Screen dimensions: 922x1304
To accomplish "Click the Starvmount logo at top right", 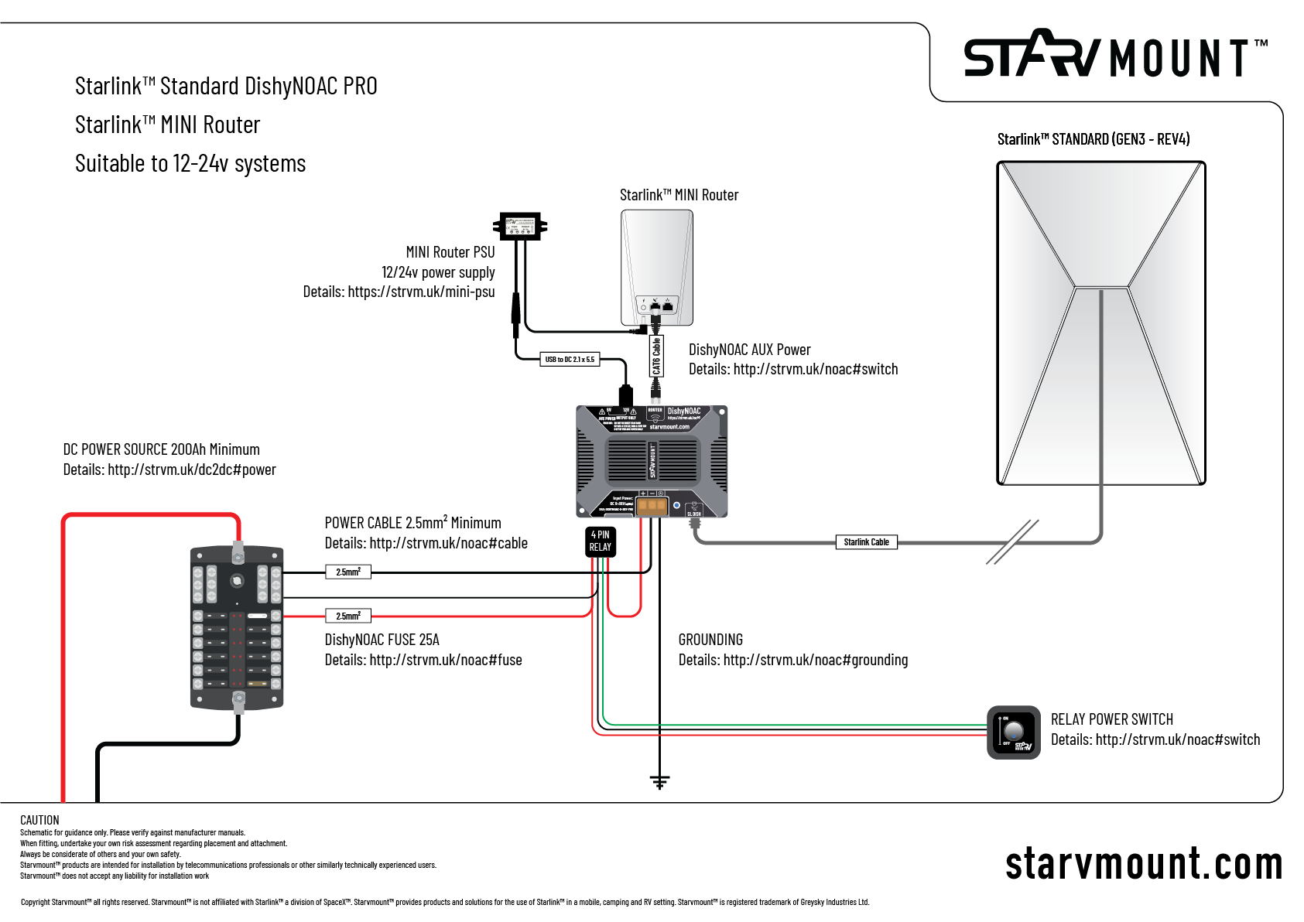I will point(1114,56).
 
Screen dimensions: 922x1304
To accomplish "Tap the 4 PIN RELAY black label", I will point(600,541).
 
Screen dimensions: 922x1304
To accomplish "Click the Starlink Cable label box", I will point(866,542).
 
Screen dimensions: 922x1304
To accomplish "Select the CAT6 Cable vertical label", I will point(656,357).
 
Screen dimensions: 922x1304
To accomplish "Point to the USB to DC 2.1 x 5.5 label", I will point(570,360).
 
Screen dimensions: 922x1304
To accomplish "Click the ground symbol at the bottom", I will point(659,782).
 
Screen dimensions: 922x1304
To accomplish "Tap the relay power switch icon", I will point(1014,732).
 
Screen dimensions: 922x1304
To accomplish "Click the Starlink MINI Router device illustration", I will point(656,268).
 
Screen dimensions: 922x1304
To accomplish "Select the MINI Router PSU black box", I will point(520,227).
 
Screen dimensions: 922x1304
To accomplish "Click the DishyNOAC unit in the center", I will point(652,461).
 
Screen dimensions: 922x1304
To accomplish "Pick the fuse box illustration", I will point(237,627).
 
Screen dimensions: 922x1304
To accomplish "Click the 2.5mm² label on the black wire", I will point(348,572).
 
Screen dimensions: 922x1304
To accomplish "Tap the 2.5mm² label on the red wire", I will point(348,616).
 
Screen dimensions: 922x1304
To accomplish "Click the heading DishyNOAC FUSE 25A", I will point(382,640).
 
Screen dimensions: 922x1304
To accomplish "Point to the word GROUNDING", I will point(710,640).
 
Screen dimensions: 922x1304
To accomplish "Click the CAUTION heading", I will point(39,820).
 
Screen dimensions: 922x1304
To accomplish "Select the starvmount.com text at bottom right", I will point(1143,864).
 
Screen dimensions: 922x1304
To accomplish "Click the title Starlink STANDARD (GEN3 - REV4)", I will point(1093,139).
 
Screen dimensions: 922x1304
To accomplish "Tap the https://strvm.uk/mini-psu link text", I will point(421,292).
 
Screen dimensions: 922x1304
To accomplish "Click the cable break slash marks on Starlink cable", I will point(1012,541).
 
